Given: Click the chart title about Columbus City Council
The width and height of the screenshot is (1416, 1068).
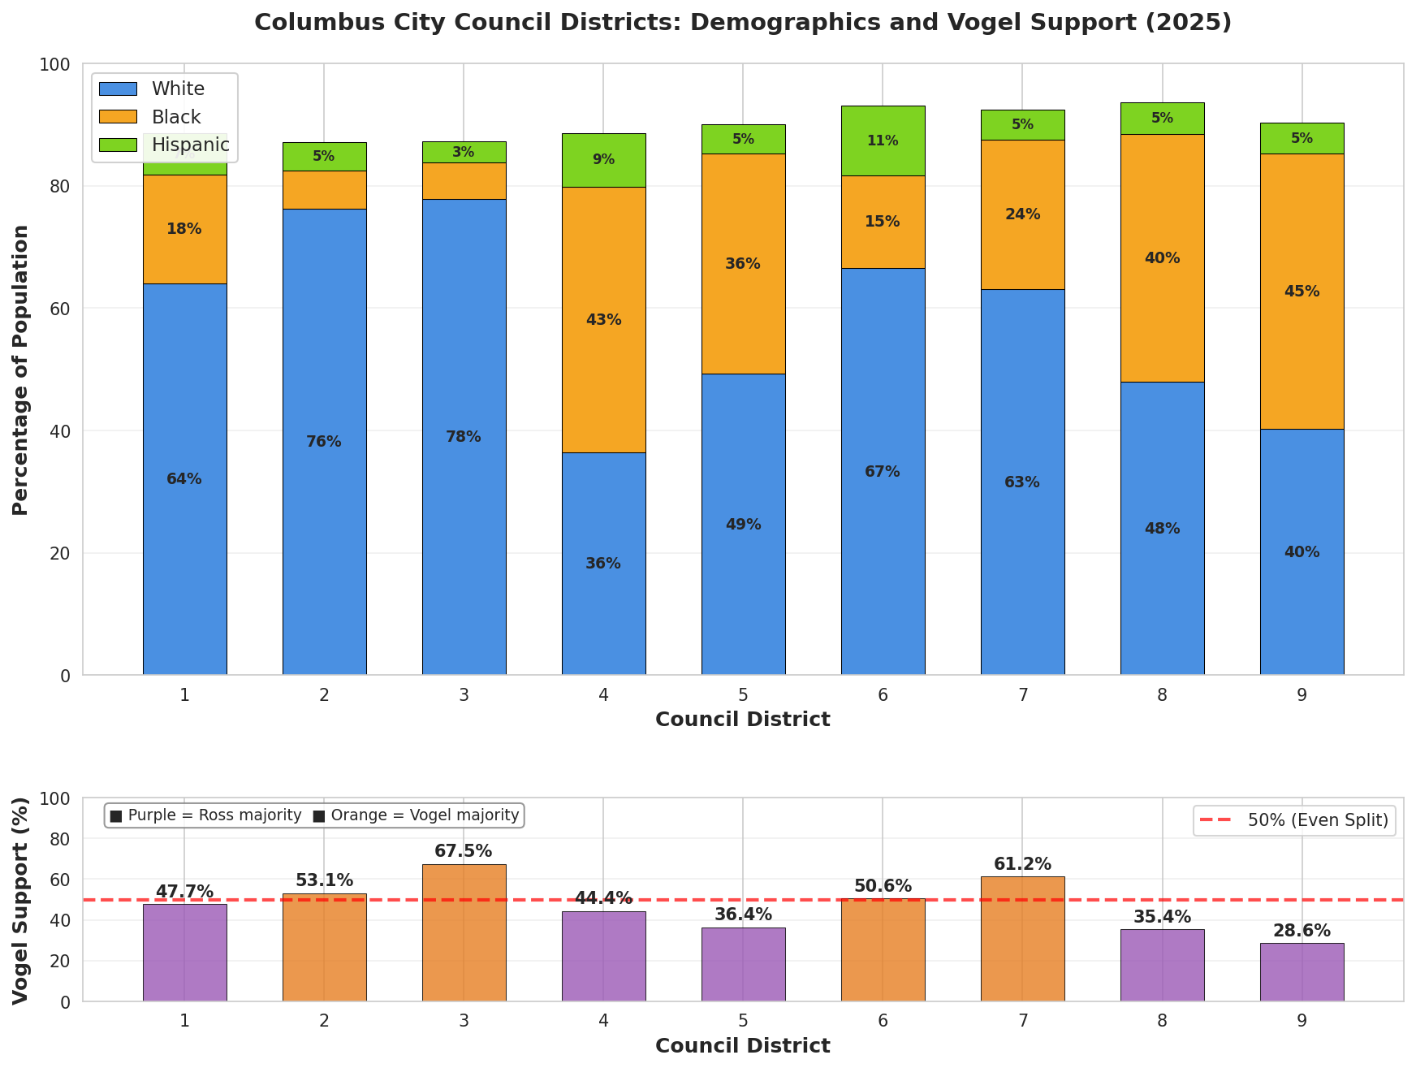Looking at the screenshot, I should click(x=742, y=22).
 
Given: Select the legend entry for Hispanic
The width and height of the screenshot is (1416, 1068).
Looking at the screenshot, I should click(x=190, y=145).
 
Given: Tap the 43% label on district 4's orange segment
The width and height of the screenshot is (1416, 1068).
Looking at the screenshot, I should click(x=603, y=320).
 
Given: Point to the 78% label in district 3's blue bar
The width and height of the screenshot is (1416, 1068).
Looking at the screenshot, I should click(x=464, y=437).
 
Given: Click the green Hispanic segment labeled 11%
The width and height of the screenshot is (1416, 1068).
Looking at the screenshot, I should click(x=883, y=141).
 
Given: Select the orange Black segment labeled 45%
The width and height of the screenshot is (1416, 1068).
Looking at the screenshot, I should click(x=1302, y=292).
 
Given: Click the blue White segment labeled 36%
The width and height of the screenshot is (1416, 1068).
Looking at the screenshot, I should click(x=603, y=564).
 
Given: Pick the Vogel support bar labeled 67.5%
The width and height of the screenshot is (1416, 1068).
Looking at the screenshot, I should click(x=464, y=934).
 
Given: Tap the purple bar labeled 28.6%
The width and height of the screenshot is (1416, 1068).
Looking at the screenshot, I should click(x=1302, y=973).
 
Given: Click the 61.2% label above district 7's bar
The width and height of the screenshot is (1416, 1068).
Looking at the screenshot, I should click(x=1022, y=864).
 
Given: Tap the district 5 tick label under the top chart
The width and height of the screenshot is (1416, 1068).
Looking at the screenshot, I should click(x=743, y=695).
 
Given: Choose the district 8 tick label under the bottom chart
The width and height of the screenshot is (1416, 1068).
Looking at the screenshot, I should click(x=1162, y=1021).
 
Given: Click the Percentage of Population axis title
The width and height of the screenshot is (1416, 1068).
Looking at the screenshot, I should click(x=20, y=370).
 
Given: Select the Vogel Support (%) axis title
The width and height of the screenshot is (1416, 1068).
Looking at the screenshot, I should click(x=20, y=900).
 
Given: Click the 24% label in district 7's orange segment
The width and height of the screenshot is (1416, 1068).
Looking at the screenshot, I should click(x=1022, y=214).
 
